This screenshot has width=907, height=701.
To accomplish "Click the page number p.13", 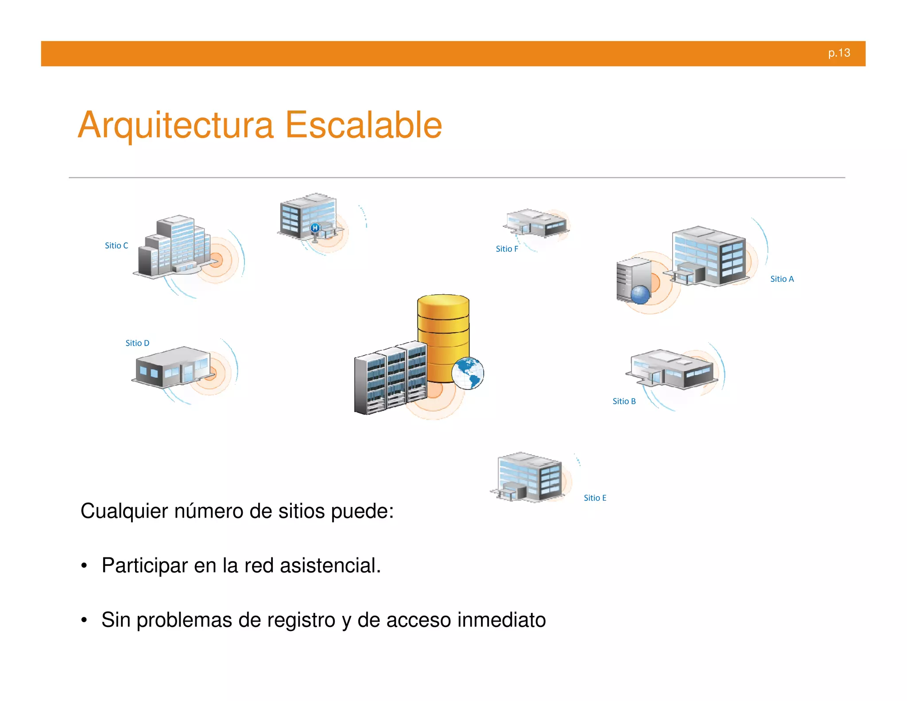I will (x=839, y=53).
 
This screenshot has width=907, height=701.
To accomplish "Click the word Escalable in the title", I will (x=363, y=125).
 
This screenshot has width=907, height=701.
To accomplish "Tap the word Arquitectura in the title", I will (x=176, y=125).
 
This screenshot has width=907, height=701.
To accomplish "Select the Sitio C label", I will (x=116, y=245).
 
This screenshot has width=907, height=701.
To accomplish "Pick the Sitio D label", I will (x=137, y=343).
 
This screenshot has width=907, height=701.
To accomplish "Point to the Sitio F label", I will (x=507, y=249).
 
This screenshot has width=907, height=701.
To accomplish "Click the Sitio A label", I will (x=782, y=279).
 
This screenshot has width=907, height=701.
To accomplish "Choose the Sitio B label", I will (x=624, y=401).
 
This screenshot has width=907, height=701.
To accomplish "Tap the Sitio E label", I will (x=595, y=498).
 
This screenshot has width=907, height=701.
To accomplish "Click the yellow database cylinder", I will (x=443, y=328).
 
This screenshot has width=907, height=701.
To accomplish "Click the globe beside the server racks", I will (x=468, y=373).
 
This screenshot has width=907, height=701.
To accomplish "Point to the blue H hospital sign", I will (x=315, y=228).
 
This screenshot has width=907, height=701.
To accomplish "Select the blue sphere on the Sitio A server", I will (x=640, y=294).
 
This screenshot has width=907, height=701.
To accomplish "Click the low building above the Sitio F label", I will (x=536, y=222).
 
